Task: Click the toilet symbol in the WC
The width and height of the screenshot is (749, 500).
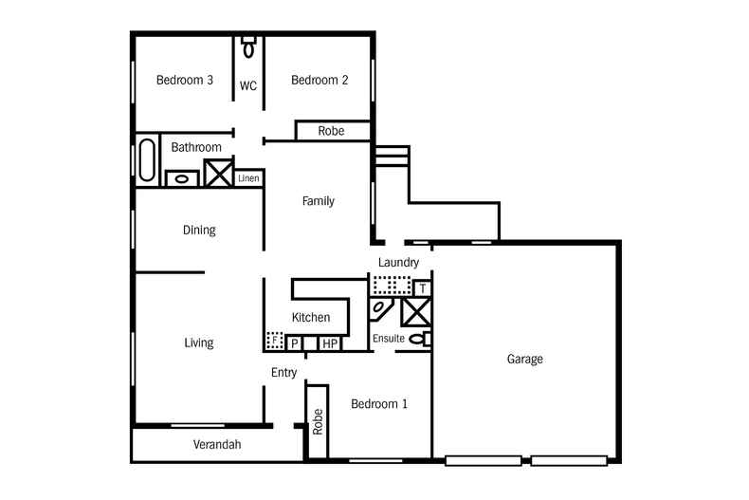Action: click(248, 46)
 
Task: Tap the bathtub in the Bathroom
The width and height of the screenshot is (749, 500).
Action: click(147, 160)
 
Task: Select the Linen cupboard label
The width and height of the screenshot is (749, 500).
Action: click(248, 178)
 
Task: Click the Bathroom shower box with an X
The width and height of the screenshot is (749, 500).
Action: click(218, 173)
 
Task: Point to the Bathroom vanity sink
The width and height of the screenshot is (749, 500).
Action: click(181, 178)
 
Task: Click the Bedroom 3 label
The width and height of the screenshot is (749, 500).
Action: click(184, 80)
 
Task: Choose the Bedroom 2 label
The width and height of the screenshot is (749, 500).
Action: click(320, 80)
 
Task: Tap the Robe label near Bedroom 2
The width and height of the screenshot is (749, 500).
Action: click(331, 131)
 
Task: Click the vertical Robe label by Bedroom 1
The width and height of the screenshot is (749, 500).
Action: click(318, 421)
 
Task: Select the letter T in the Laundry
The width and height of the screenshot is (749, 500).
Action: click(422, 288)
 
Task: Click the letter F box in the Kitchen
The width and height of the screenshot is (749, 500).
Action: click(275, 341)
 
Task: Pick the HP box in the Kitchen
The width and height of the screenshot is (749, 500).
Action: click(330, 343)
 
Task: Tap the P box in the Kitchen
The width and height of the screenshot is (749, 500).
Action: click(294, 343)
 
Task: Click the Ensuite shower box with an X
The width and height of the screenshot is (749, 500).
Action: click(416, 312)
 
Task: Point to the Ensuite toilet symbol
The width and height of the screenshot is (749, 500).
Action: click(420, 339)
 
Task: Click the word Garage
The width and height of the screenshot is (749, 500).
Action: click(524, 359)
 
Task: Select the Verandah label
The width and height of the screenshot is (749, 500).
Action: click(217, 445)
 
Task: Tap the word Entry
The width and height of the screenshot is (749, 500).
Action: click(283, 373)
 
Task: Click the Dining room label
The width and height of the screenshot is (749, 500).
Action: click(199, 231)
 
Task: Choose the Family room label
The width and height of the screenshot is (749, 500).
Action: click(319, 201)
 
